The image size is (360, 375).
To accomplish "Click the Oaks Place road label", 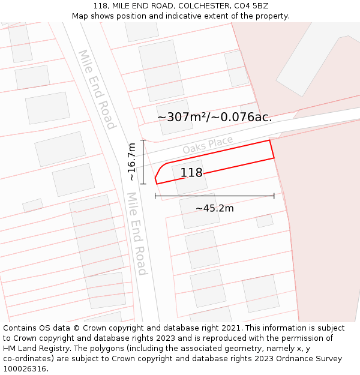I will [x=208, y=145].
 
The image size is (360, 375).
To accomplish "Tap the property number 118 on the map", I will [x=191, y=173].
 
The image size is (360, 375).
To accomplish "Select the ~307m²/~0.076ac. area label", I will [x=214, y=117].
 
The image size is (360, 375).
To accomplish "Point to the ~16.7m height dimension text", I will [x=131, y=162].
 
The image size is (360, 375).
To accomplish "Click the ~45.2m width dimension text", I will [x=214, y=208].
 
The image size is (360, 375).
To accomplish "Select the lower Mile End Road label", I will [x=137, y=233].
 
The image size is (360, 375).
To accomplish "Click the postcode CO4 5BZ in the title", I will [x=252, y=6].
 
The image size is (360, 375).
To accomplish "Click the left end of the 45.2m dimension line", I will [x=155, y=196].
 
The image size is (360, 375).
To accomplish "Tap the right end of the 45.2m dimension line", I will [x=274, y=196].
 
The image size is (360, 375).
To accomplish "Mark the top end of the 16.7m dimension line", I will [x=143, y=140].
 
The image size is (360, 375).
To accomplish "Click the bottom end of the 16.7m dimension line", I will [x=143, y=184].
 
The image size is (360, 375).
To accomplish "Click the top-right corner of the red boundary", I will [x=269, y=140].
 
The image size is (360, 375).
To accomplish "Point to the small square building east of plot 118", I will [x=265, y=220].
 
